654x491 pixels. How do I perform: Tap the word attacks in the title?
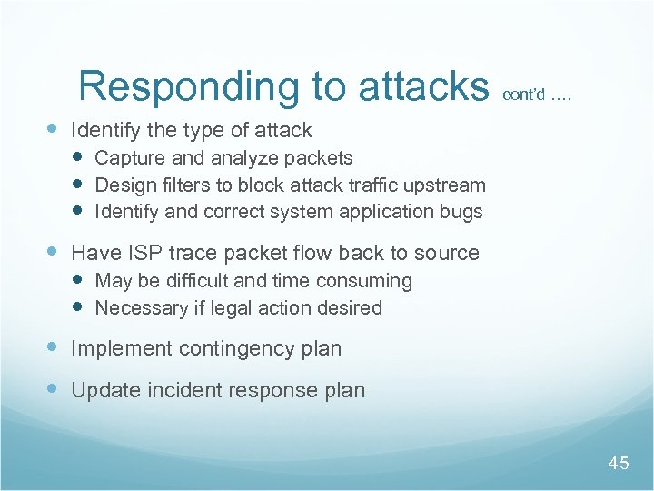pyautogui.click(x=423, y=86)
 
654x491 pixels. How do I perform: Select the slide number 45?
pyautogui.click(x=618, y=464)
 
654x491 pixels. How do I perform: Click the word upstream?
pyautogui.click(x=442, y=185)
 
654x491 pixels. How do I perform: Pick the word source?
pyautogui.click(x=448, y=252)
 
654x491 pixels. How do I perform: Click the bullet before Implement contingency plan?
pyautogui.click(x=54, y=347)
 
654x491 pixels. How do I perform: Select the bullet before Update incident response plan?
pyautogui.click(x=54, y=390)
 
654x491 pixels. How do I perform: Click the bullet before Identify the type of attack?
pyautogui.click(x=54, y=129)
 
